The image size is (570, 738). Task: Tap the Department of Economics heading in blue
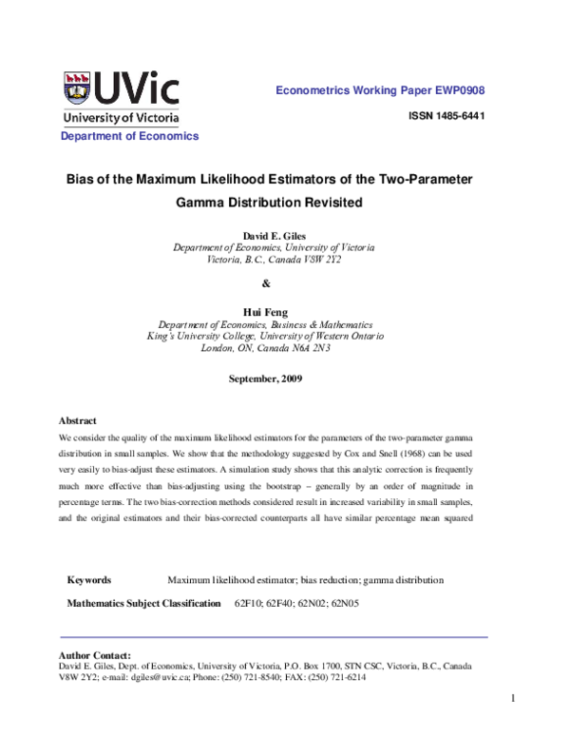click(130, 136)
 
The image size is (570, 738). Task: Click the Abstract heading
click(78, 419)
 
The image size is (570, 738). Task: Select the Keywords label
click(89, 580)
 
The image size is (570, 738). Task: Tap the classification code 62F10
click(250, 604)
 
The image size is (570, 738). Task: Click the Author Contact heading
click(94, 655)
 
